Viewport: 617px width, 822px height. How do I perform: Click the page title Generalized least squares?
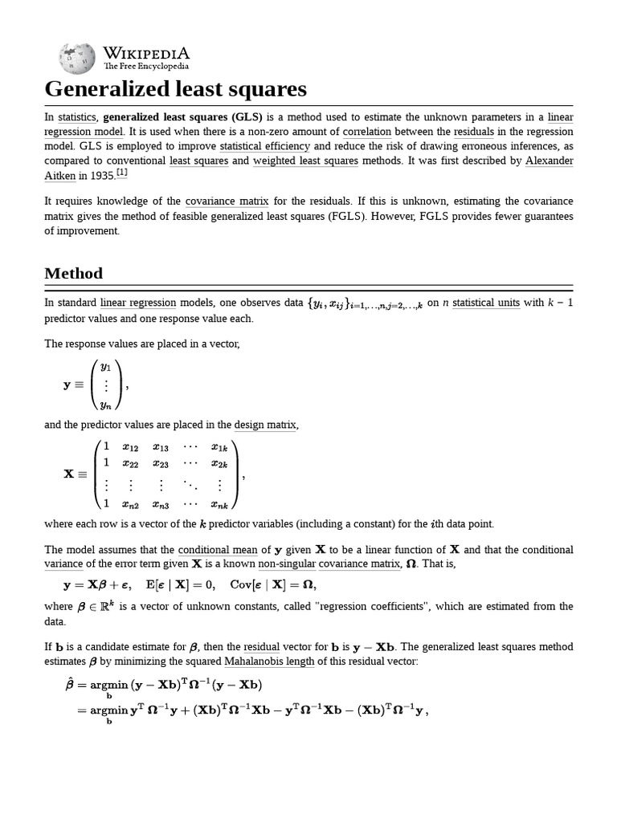(x=175, y=88)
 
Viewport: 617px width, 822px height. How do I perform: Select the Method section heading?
(x=74, y=273)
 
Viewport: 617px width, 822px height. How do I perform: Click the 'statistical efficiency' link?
(x=264, y=146)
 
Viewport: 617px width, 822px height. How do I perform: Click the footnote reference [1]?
(x=121, y=173)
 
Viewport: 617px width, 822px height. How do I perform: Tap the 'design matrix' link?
(x=265, y=425)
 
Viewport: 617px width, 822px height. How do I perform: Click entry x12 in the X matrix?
(x=131, y=447)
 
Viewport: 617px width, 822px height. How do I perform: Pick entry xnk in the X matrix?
(x=219, y=505)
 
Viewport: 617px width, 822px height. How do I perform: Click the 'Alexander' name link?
(x=549, y=161)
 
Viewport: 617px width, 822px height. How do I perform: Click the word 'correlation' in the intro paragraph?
(x=366, y=132)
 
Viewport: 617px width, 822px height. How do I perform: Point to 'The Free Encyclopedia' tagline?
(x=146, y=66)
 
